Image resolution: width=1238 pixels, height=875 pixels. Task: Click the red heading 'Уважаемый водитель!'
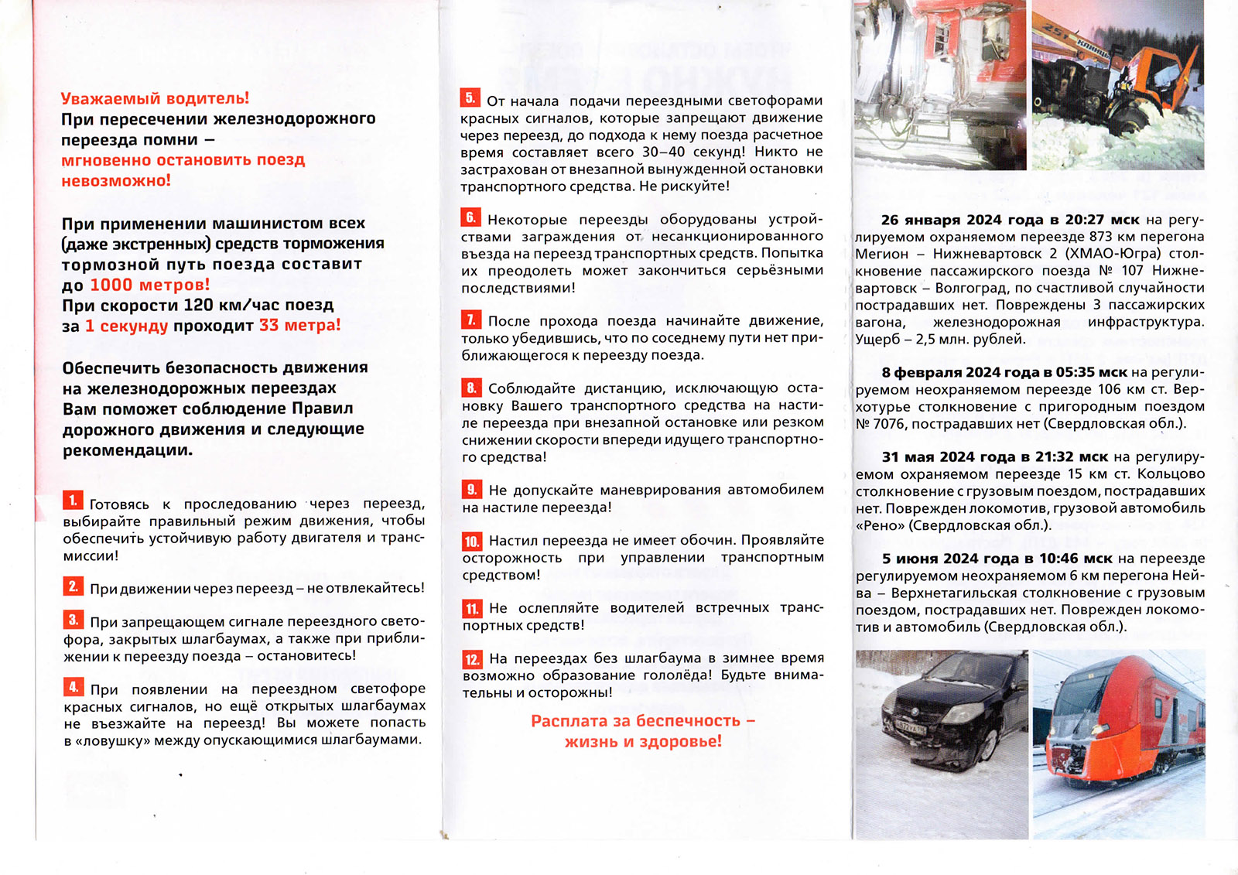155,98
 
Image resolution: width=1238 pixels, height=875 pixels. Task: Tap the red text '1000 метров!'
149,285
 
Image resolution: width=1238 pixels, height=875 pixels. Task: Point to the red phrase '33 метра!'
299,325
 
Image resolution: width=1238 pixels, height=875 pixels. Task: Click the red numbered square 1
73,501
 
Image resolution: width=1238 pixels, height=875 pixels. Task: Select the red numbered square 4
74,686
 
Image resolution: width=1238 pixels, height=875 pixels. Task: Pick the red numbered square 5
470,97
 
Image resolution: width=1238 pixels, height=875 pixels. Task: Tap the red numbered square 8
471,387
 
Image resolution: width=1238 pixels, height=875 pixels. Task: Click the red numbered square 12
472,659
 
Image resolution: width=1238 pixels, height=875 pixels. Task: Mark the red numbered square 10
472,541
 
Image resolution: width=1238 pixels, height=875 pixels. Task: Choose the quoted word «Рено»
880,525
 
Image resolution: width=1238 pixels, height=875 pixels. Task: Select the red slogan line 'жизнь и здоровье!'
642,741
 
